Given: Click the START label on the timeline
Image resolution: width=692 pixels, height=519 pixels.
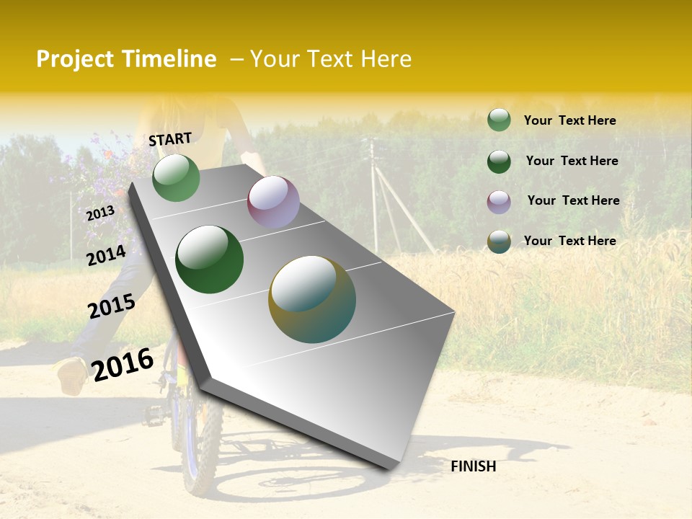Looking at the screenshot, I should click(170, 139).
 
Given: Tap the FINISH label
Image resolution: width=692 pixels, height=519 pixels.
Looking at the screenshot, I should click(473, 466).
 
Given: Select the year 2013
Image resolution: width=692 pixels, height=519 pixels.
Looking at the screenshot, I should click(100, 213).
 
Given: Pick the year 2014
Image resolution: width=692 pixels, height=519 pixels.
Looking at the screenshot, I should click(106, 255).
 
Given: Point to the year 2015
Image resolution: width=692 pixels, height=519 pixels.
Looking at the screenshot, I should click(112, 306).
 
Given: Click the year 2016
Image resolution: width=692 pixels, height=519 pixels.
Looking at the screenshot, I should click(123, 364).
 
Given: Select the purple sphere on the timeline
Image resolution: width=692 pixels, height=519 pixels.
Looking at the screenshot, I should click(273, 202).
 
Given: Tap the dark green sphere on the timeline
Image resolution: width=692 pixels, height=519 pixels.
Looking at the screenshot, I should click(210, 259).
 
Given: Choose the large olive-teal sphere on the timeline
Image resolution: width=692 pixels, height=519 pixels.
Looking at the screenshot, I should click(312, 299).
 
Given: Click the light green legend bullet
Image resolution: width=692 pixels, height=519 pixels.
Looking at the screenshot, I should click(499, 120).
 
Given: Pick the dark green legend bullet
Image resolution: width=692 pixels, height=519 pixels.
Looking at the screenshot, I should click(499, 161).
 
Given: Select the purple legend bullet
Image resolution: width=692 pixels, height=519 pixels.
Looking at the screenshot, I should click(499, 202).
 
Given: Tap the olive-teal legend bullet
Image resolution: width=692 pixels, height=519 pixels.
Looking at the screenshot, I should click(499, 241).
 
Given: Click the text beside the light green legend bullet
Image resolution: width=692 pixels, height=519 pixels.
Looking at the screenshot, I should click(569, 120).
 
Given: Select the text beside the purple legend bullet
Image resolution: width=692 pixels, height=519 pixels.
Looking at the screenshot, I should click(573, 200).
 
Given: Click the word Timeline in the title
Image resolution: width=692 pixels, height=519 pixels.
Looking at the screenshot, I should click(169, 59).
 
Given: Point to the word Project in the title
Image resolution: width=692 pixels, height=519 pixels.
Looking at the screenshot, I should click(75, 59).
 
